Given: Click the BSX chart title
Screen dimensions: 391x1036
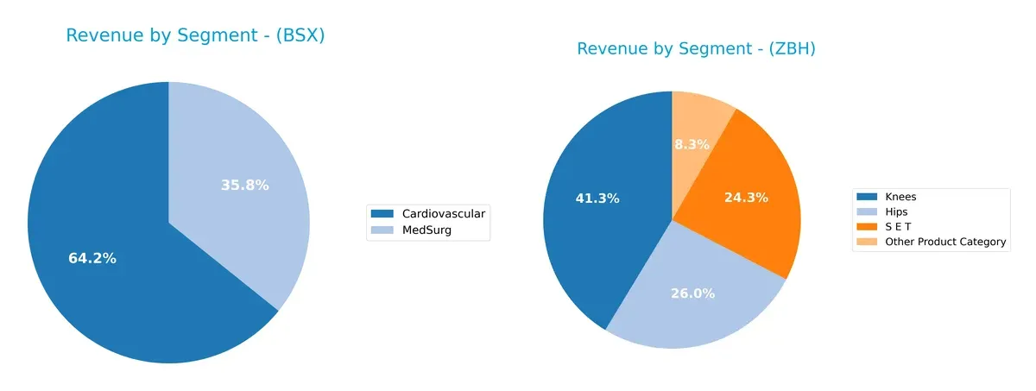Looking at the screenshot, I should click(x=195, y=36).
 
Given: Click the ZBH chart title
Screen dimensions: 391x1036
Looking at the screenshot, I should click(x=696, y=49).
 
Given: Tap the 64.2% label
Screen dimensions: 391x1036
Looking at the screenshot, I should click(x=92, y=258).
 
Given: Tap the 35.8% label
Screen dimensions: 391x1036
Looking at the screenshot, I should click(x=245, y=185).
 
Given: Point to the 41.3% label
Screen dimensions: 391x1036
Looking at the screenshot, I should click(x=597, y=199).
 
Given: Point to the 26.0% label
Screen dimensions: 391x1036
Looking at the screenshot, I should click(x=692, y=293).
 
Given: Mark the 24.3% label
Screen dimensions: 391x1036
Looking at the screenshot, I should click(x=746, y=198).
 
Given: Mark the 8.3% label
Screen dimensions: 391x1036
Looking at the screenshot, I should click(x=692, y=144).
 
